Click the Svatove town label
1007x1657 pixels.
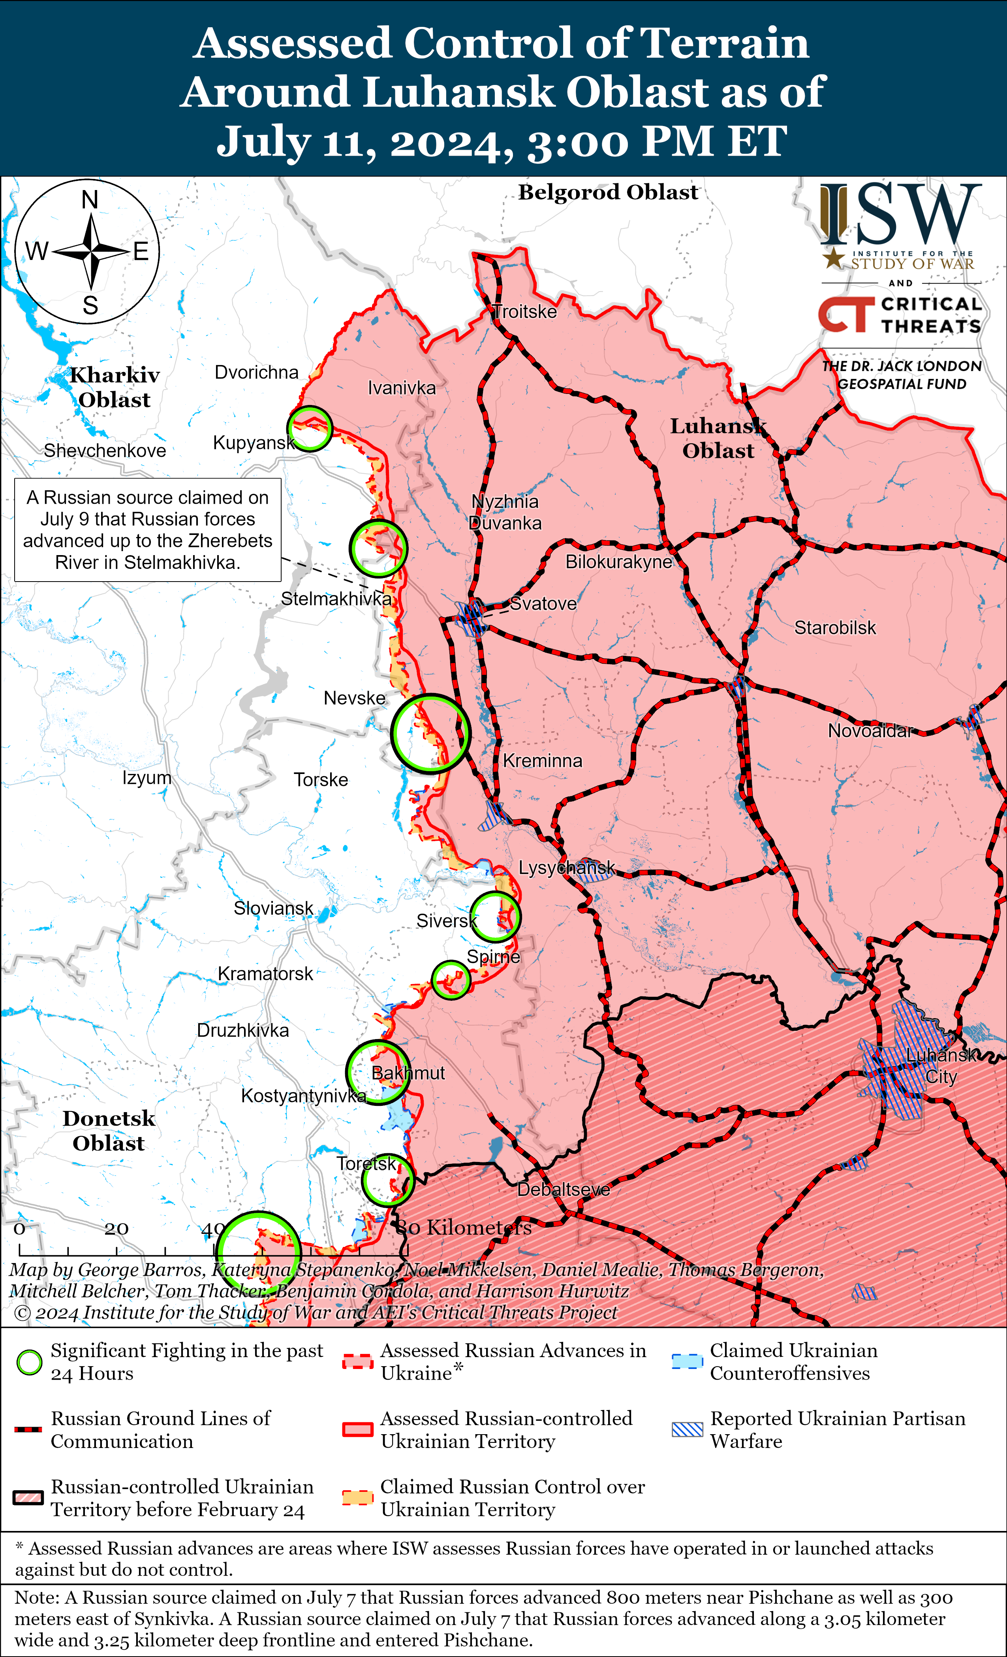543,603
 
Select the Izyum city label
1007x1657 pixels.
147,778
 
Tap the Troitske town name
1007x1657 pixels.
524,311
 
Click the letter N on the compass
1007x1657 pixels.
89,200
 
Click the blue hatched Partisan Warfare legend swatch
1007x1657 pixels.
687,1429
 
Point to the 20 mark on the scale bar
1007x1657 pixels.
116,1229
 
